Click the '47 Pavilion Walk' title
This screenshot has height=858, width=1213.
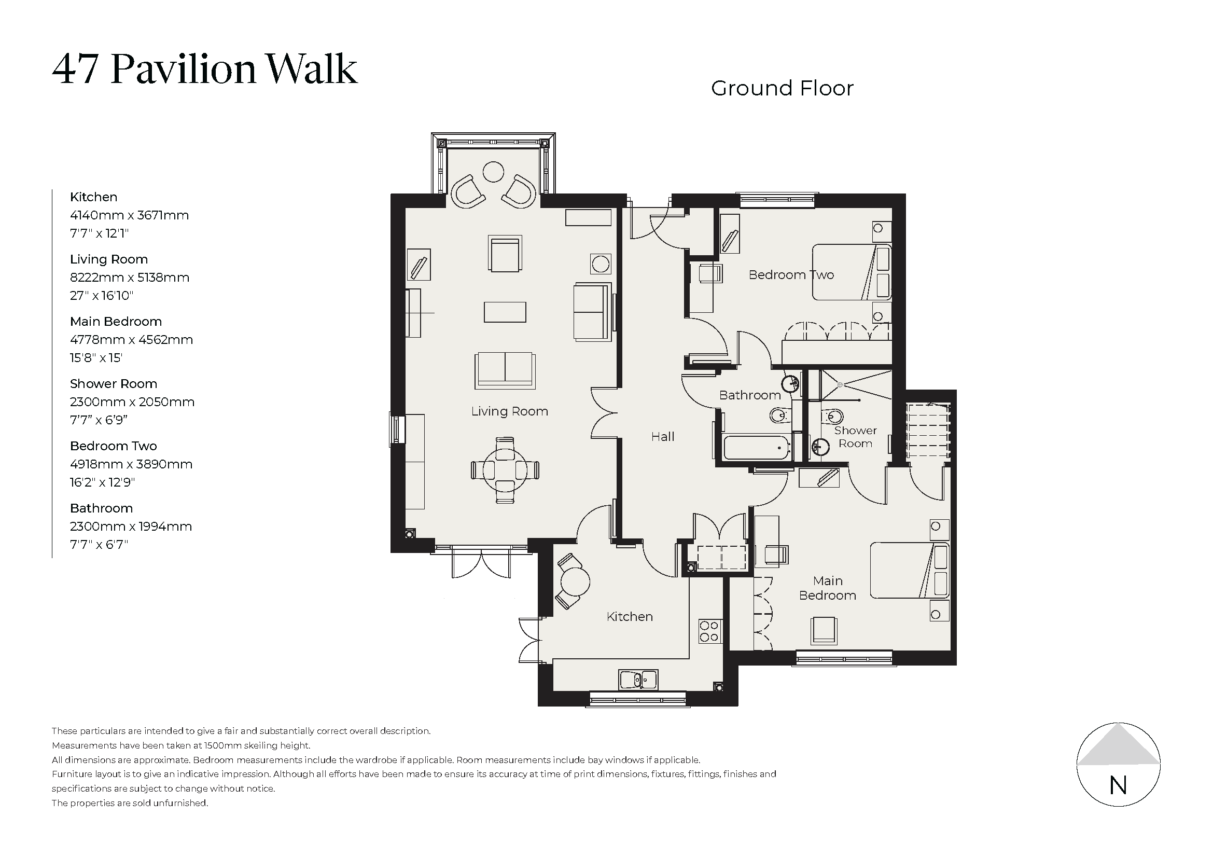205,69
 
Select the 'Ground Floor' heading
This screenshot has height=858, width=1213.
782,88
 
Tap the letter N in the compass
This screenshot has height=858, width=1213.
1118,785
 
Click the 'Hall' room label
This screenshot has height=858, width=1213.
662,436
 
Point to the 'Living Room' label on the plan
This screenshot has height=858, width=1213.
509,411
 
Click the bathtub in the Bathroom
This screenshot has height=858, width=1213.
757,447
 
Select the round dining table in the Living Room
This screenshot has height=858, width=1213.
505,469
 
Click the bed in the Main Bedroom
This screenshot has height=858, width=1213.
910,570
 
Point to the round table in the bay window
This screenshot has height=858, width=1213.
493,172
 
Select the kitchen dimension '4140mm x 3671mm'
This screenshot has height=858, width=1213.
130,215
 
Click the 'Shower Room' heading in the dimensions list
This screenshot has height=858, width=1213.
114,383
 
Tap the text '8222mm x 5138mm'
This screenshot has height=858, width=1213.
130,278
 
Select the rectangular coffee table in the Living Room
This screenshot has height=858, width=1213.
505,312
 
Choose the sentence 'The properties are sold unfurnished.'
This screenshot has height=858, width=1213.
130,803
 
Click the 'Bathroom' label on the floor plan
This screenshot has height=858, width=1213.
750,395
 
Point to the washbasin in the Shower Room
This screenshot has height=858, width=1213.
819,447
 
